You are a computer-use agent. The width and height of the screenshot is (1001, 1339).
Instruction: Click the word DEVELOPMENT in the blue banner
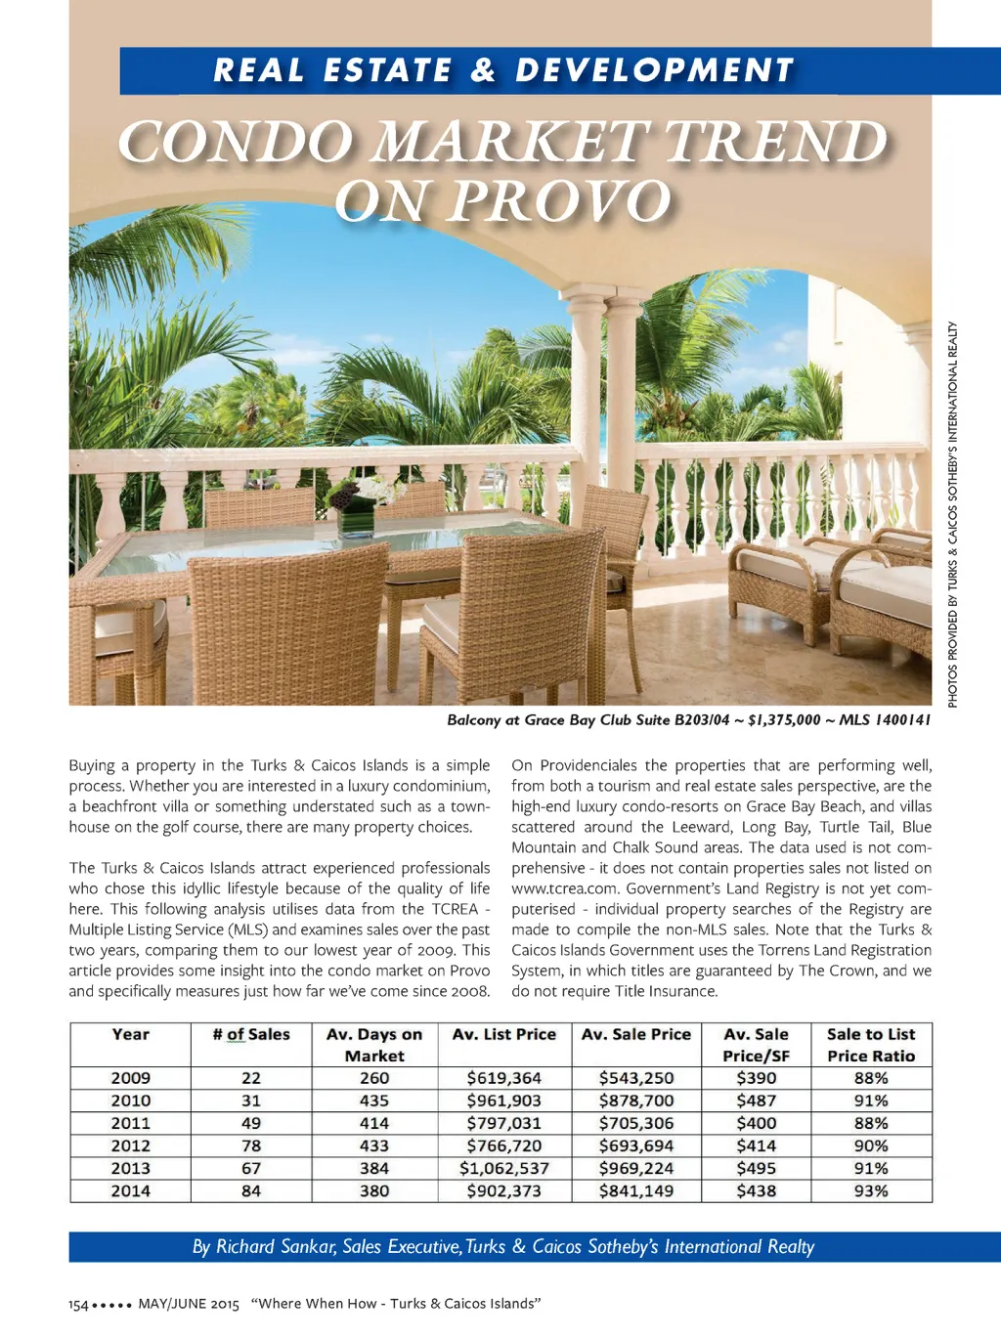(654, 70)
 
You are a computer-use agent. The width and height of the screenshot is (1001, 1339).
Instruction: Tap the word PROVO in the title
(560, 201)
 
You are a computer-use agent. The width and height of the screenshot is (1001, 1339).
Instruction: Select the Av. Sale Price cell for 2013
(636, 1168)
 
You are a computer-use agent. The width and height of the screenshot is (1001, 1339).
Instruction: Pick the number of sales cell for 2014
(251, 1190)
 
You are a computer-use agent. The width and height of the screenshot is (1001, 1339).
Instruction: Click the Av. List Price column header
(503, 1034)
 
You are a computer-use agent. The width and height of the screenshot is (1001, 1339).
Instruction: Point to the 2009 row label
(130, 1078)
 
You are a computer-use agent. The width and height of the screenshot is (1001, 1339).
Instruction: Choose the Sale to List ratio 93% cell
(871, 1190)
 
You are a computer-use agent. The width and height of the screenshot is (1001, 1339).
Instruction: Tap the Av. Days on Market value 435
(374, 1101)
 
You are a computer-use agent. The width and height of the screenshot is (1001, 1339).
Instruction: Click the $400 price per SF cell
(756, 1123)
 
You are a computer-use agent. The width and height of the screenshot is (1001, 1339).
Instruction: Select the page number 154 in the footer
(78, 1305)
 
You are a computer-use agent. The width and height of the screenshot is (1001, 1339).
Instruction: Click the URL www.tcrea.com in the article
(565, 888)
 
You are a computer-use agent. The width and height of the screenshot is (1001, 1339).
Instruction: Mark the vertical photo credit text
(952, 514)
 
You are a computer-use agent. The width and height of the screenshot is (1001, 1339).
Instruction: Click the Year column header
(130, 1034)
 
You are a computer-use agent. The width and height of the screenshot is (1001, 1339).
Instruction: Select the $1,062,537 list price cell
(503, 1168)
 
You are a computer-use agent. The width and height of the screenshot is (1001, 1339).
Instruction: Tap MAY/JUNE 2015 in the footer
(189, 1304)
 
